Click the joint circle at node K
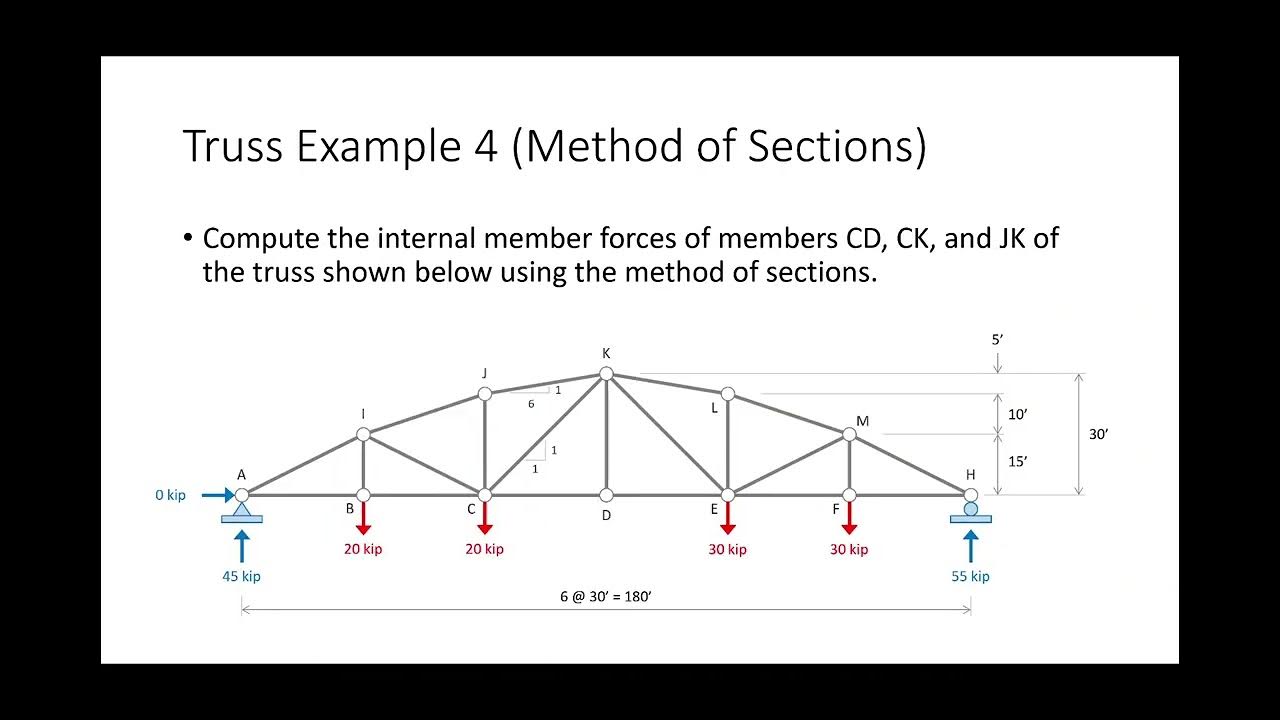click(606, 374)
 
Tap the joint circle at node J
click(485, 394)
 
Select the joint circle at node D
click(606, 495)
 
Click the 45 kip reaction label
click(241, 576)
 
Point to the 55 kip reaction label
click(970, 576)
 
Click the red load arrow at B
click(363, 518)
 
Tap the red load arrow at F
click(849, 518)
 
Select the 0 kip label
click(170, 495)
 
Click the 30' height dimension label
click(1098, 435)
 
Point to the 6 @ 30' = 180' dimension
click(606, 596)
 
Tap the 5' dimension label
click(997, 339)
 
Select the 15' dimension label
click(1018, 462)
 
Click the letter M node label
click(863, 421)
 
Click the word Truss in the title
click(234, 147)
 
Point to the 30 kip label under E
click(728, 549)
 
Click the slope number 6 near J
click(531, 404)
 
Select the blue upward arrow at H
click(970, 546)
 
